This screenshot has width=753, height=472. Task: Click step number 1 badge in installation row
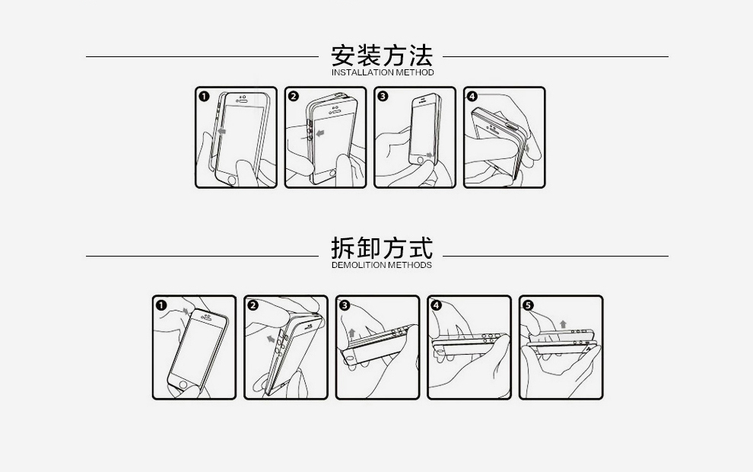(204, 97)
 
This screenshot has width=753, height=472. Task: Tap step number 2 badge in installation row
(294, 96)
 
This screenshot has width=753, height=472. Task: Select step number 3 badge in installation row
(383, 96)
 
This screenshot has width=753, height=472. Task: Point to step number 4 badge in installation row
(472, 96)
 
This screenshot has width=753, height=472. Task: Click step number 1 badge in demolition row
(161, 305)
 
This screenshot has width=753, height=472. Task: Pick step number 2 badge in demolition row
(253, 305)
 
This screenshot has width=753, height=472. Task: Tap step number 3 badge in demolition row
(345, 305)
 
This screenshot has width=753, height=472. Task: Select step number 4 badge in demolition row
(436, 305)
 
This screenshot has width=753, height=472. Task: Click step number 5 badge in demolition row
(528, 305)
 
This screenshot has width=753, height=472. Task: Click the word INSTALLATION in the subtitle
(363, 72)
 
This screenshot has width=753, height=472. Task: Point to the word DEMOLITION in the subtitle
(359, 265)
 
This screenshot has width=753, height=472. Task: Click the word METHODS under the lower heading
(410, 265)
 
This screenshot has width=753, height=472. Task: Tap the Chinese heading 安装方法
(382, 56)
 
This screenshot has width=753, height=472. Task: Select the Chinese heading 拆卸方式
(382, 248)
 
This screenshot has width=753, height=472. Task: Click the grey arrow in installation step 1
(221, 131)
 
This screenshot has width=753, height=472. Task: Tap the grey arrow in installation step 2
(319, 132)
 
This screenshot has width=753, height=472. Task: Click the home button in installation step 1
(231, 180)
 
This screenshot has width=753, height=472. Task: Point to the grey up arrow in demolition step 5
(563, 324)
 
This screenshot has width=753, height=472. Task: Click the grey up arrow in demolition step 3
(352, 332)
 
